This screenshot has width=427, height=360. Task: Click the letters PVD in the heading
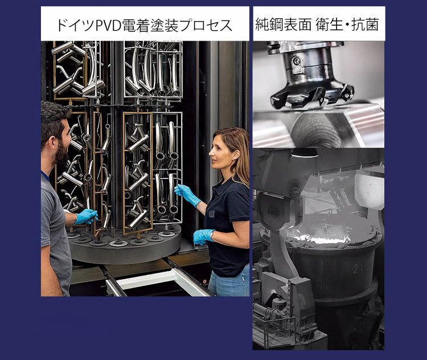tap(109, 25)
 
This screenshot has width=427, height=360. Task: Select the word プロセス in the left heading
tap(207, 25)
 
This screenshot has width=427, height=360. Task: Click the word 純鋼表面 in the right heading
tap(284, 24)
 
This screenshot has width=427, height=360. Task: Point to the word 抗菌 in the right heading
tap(365, 24)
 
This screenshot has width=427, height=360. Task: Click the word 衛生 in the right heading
tap(329, 24)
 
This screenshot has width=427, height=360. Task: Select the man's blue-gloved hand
tap(86, 216)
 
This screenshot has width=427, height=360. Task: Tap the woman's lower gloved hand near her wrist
tap(203, 236)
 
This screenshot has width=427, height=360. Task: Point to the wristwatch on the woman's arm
tap(212, 234)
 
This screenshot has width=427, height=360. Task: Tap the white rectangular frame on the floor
tap(161, 285)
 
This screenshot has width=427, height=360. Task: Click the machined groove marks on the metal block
tap(316, 131)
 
